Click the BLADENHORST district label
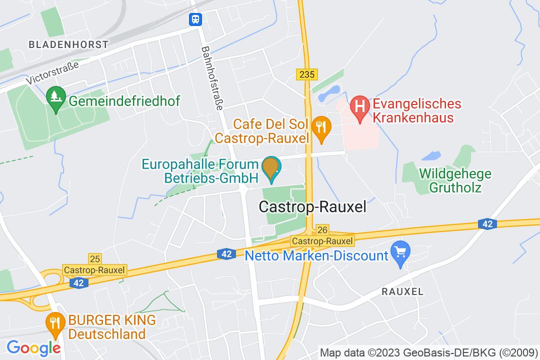click(x=68, y=44)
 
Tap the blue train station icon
click(x=195, y=19)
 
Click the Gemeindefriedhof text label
click(x=124, y=101)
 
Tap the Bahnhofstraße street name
click(x=212, y=78)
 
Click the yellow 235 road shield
click(x=307, y=74)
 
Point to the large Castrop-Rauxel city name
click(x=313, y=206)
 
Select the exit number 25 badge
click(x=94, y=258)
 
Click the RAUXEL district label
click(x=402, y=291)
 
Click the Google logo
click(x=33, y=347)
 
